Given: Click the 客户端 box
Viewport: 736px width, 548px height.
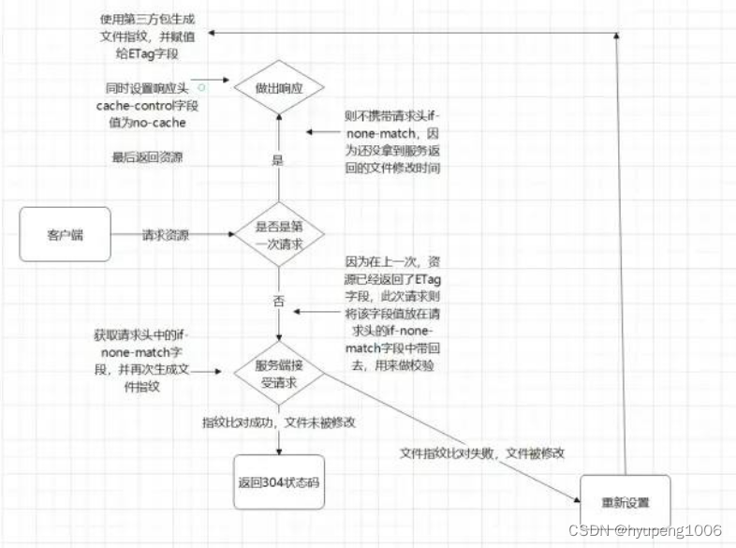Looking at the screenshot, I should (65, 234).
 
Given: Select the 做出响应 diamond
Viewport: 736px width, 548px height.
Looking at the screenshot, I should (278, 89).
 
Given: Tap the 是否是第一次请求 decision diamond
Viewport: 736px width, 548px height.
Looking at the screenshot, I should (278, 234).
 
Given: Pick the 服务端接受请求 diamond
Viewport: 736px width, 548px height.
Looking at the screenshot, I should (278, 373).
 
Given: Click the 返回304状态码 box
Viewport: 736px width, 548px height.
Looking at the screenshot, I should (278, 482).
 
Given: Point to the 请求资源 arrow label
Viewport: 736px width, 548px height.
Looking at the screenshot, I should (168, 234).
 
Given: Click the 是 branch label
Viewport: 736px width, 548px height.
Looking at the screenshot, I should (277, 160).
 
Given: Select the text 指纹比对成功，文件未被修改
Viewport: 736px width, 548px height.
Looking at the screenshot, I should (280, 422).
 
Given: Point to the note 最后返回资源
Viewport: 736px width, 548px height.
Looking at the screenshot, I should (147, 157).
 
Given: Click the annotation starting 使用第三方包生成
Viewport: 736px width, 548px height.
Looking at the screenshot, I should (149, 35).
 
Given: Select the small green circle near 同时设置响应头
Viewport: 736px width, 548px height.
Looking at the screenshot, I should (201, 86).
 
